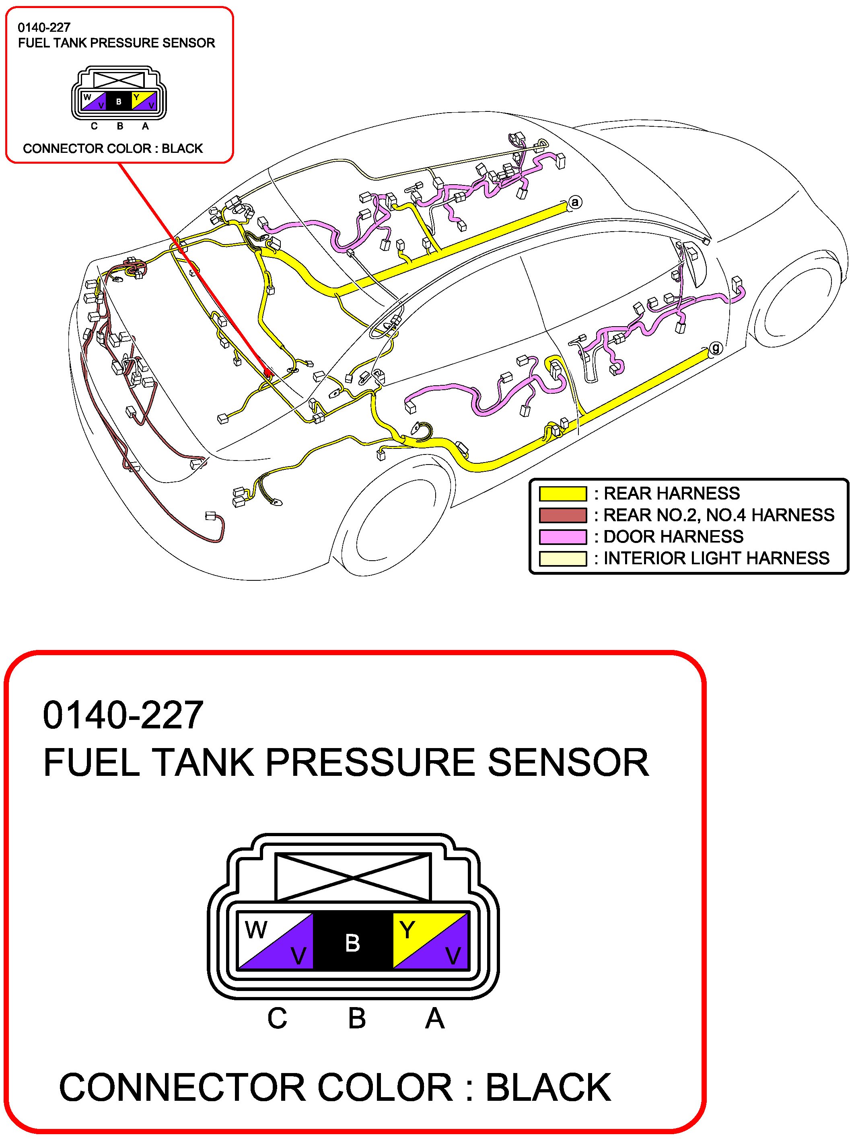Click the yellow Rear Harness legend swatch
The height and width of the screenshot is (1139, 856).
click(x=562, y=494)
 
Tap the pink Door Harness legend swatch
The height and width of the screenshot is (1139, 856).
click(x=562, y=537)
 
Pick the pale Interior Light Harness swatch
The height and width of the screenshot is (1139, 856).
click(x=562, y=559)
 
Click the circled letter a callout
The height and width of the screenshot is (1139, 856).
click(x=575, y=202)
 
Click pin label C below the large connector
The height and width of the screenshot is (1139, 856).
click(x=277, y=1018)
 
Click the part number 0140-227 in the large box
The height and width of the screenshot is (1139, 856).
click(x=123, y=715)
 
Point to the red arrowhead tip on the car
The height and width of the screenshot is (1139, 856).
click(x=268, y=374)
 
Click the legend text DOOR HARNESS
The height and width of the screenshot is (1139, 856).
click(x=673, y=537)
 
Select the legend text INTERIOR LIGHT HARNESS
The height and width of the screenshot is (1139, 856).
click(x=716, y=559)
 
